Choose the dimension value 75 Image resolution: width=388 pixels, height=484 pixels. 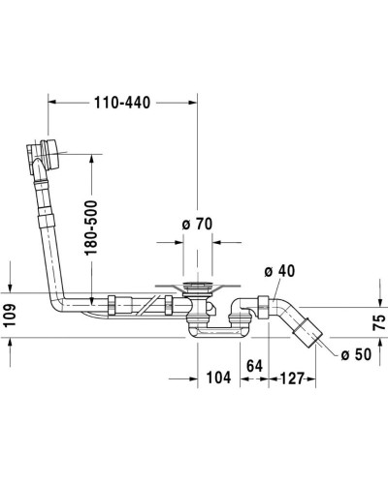pos(378,319)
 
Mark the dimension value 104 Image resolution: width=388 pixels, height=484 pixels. pos(217,378)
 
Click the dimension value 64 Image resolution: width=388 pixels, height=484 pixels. pos(255,366)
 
